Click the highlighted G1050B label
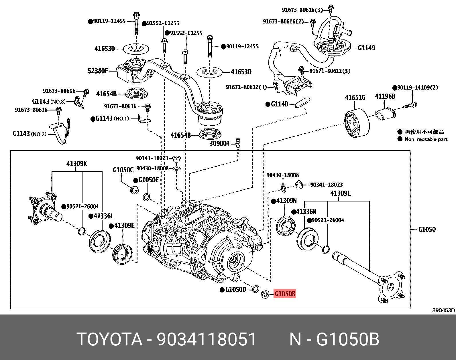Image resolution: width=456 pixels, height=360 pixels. click(285, 294)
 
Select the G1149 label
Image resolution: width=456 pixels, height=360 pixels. click(366, 48)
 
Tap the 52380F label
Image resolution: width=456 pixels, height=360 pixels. click(98, 71)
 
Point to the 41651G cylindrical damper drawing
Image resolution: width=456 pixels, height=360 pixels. click(357, 123)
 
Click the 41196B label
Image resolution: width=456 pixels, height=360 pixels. click(385, 96)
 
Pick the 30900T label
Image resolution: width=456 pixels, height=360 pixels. click(220, 143)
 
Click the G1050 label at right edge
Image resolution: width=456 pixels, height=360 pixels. click(427, 230)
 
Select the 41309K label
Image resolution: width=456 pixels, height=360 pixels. click(76, 164)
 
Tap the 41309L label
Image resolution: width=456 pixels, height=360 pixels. click(340, 193)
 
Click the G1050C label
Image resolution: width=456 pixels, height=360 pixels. click(123, 170)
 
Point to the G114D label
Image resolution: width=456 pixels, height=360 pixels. click(279, 104)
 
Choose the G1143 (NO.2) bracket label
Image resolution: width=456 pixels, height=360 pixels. click(29, 134)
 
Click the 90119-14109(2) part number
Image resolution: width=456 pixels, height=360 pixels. click(417, 88)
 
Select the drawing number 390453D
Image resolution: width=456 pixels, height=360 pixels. click(443, 310)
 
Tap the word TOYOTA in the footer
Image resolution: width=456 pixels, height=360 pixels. click(109, 339)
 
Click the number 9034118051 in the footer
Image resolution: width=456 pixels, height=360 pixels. click(206, 339)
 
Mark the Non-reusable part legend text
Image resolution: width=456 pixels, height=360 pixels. click(426, 139)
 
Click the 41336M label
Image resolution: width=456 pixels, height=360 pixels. click(306, 212)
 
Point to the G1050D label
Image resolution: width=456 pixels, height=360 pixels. click(235, 290)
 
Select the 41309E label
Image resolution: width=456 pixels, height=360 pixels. click(124, 226)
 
